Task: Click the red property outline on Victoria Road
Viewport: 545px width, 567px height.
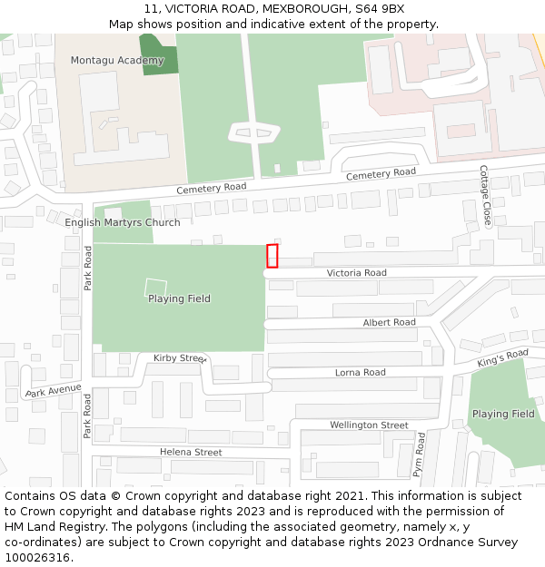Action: point(272,256)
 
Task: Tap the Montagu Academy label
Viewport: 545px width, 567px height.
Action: point(117,61)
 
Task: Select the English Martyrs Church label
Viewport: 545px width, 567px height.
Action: point(123,222)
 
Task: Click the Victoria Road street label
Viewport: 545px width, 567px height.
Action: point(356,273)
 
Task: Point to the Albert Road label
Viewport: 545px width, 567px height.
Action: point(389,323)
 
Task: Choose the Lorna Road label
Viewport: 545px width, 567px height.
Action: point(360,373)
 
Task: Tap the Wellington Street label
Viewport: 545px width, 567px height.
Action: point(369,425)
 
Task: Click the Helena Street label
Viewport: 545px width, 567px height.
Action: point(191,452)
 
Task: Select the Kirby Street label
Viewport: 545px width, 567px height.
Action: point(180,358)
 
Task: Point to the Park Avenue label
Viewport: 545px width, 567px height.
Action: point(53,392)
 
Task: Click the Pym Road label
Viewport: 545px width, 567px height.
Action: point(419,455)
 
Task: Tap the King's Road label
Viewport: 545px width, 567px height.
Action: point(502,358)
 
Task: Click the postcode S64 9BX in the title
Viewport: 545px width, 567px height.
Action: point(380,8)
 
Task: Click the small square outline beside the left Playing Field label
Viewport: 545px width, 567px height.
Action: point(155,288)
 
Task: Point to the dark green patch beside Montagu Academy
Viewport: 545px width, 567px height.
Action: point(159,54)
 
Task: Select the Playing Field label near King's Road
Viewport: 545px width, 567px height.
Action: point(503,414)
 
